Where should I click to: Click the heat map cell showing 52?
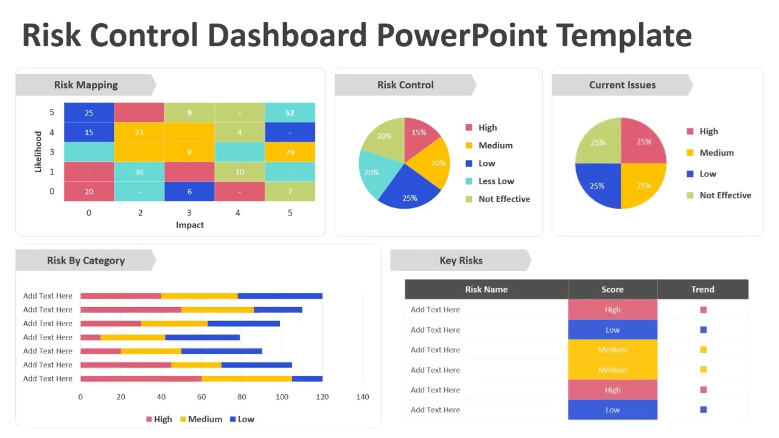click(x=290, y=113)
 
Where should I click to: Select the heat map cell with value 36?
click(x=139, y=172)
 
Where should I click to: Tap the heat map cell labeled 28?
click(x=290, y=152)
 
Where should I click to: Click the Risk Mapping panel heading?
click(x=86, y=85)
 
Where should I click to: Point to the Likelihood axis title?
click(x=38, y=152)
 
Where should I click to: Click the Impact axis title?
click(x=190, y=225)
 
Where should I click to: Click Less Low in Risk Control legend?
click(x=496, y=181)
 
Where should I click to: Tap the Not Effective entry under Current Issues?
click(x=725, y=195)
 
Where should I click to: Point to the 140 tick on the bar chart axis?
click(x=363, y=397)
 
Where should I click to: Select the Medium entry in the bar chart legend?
click(x=204, y=419)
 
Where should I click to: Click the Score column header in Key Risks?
click(x=612, y=290)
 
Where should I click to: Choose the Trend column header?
click(x=702, y=290)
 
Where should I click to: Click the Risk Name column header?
click(x=486, y=290)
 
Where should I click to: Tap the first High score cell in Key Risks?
click(x=612, y=310)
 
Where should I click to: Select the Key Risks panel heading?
click(x=461, y=260)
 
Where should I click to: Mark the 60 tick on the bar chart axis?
click(x=201, y=397)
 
